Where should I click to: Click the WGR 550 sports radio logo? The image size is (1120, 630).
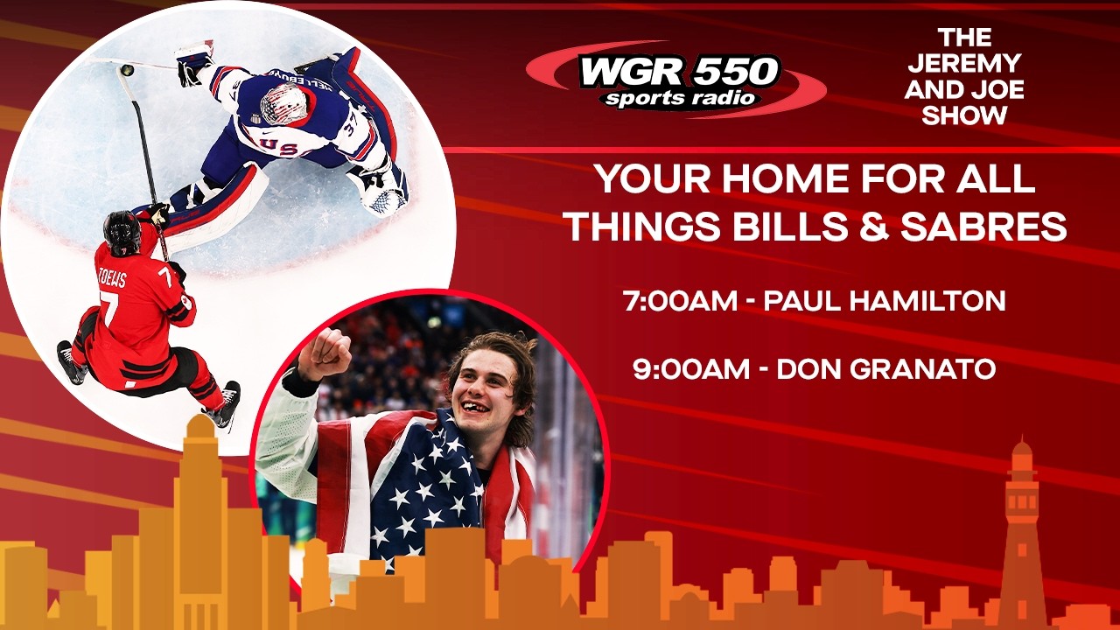click(x=678, y=81)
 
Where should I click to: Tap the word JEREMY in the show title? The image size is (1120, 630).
click(x=964, y=63)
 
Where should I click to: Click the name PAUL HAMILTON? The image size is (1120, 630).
click(x=885, y=301)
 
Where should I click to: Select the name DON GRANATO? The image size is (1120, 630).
click(x=886, y=368)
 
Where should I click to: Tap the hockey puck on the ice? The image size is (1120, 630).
click(x=127, y=69)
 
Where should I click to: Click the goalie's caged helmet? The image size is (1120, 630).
click(x=284, y=103)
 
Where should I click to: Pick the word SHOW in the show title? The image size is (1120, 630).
click(x=964, y=115)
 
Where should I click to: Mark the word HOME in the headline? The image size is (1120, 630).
click(x=756, y=179)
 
